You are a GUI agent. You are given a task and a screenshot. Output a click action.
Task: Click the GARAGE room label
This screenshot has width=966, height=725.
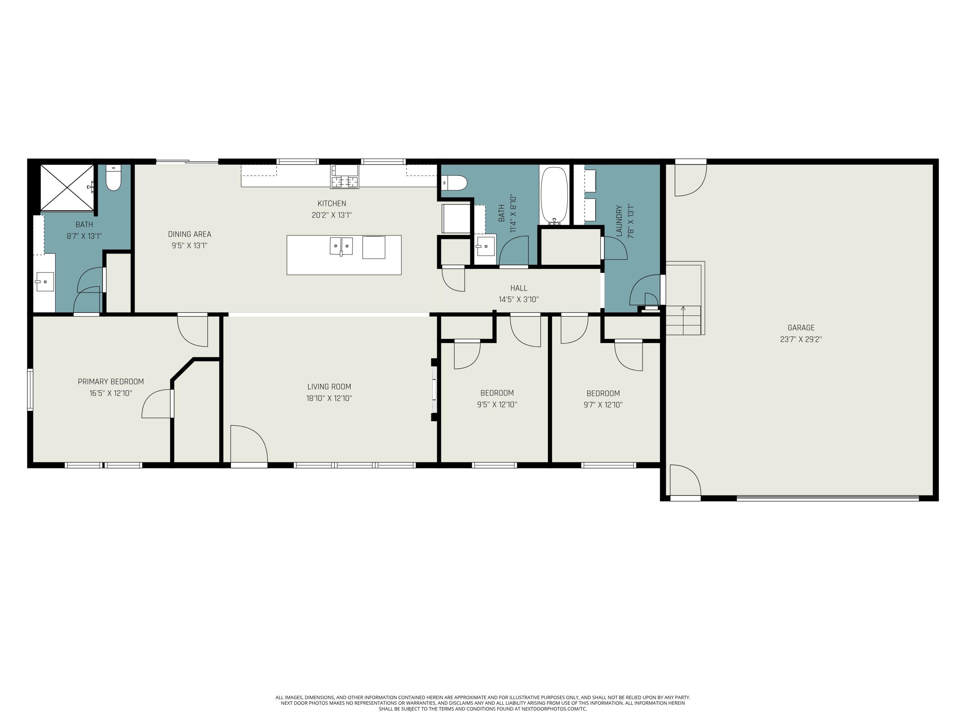click(x=800, y=327)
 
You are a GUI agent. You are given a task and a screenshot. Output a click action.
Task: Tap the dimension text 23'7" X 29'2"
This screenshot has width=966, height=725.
click(x=800, y=339)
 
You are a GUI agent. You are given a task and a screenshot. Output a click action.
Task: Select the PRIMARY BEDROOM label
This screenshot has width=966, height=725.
click(x=110, y=382)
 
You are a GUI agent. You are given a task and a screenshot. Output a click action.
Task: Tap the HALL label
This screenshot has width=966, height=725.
click(x=518, y=288)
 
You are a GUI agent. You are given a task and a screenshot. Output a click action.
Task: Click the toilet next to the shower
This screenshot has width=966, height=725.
click(x=114, y=178)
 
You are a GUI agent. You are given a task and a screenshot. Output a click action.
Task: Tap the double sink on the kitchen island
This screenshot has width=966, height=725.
click(x=341, y=246)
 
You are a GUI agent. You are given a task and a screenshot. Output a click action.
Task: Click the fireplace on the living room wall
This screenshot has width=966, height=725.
click(x=434, y=389)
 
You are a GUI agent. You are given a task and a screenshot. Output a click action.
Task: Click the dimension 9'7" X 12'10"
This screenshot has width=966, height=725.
click(x=603, y=405)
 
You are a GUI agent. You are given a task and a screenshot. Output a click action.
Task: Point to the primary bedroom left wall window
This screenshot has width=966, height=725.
click(x=30, y=389)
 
